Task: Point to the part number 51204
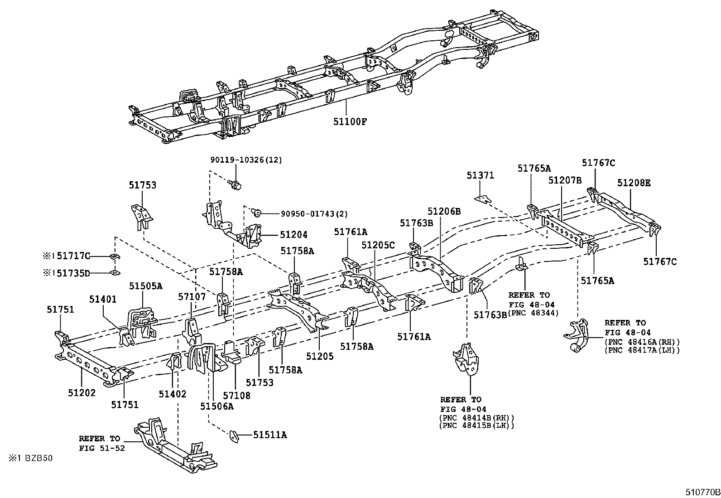click(293, 235)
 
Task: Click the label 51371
click(481, 175)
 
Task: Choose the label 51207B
click(565, 180)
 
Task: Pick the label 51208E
click(634, 183)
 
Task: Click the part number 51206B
click(444, 211)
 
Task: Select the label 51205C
click(378, 245)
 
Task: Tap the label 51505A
click(146, 286)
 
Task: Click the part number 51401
click(103, 299)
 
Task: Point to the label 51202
click(82, 393)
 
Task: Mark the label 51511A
click(270, 435)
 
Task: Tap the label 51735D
click(73, 273)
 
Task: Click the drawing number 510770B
click(702, 492)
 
